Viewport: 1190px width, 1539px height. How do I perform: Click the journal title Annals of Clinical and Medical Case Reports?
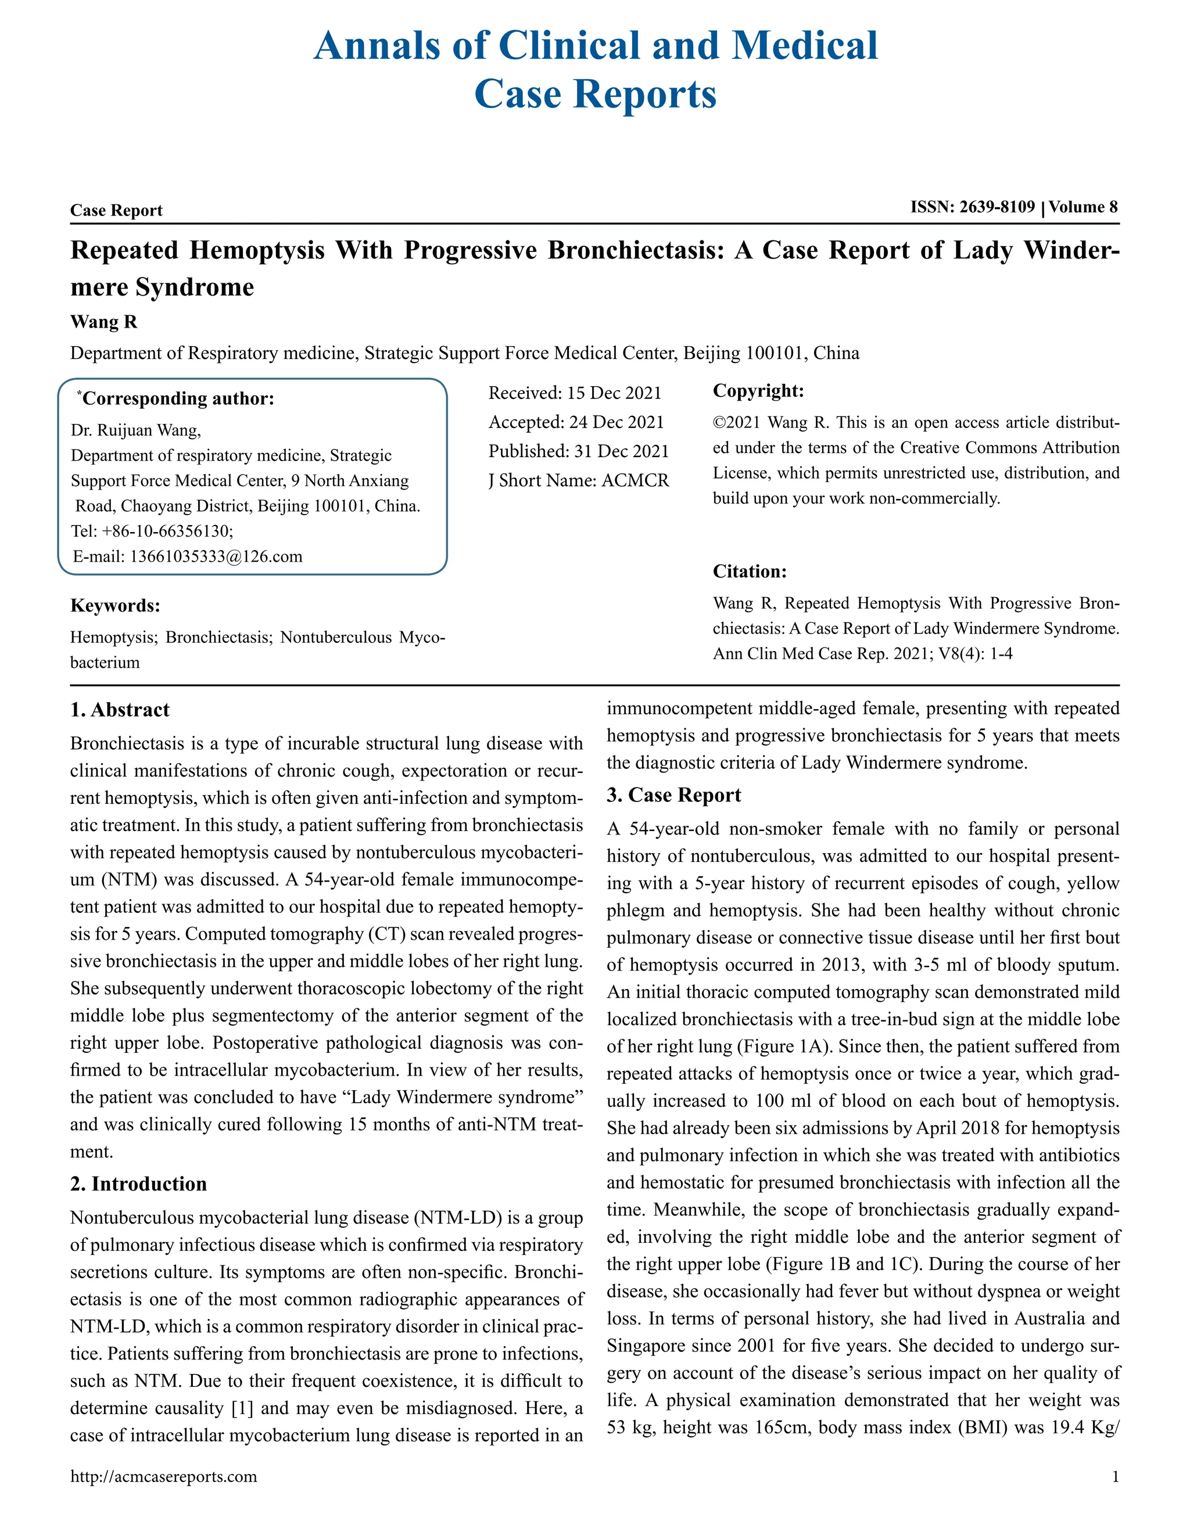pos(595,69)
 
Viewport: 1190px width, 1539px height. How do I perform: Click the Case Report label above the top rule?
pos(116,211)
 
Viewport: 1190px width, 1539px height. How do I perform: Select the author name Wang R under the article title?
pos(103,322)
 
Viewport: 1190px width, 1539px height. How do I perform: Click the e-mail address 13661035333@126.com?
pos(216,557)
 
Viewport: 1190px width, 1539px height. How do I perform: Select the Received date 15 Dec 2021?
pos(614,393)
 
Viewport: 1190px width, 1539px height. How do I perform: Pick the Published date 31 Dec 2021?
pos(621,451)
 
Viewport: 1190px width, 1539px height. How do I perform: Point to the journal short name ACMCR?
pos(635,481)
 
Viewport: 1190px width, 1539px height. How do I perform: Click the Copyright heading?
pos(758,391)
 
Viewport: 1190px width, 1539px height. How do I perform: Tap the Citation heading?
pos(750,571)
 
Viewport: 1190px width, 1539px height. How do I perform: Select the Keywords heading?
pos(115,606)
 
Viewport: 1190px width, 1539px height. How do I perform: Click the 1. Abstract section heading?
pos(120,710)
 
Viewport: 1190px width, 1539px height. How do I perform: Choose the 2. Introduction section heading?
pos(138,1184)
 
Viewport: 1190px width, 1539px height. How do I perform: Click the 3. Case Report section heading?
pos(673,795)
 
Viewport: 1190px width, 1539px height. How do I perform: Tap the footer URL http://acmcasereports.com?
pos(163,1477)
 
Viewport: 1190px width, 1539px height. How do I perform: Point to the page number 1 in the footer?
pos(1115,1477)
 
